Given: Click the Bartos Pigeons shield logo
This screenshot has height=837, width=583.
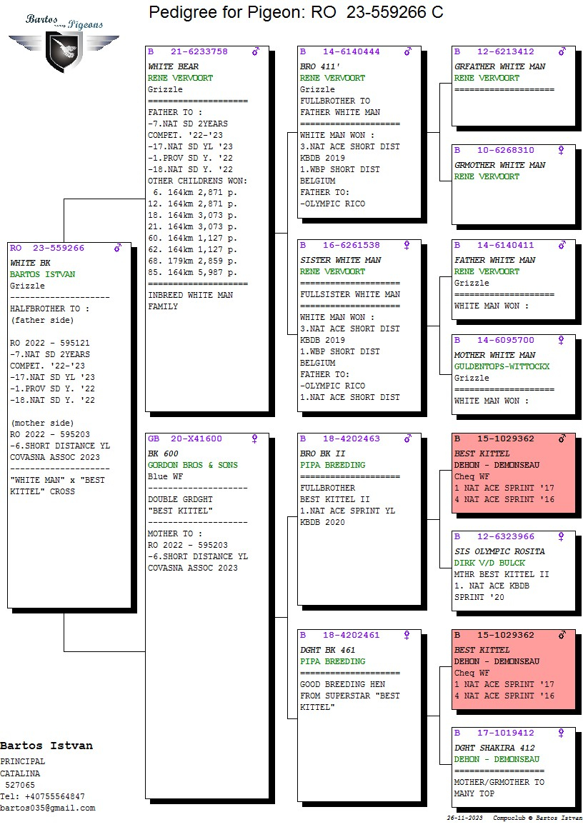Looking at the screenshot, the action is coord(64,51).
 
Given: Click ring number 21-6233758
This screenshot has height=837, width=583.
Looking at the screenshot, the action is coord(199,52).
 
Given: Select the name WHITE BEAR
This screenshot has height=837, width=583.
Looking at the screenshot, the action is coord(173,66).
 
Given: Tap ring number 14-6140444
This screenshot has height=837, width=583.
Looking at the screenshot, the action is coord(352,52).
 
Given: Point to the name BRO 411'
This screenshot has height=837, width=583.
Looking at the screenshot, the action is coord(320,66).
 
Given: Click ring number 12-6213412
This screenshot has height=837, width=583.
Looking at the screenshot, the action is coord(506,52).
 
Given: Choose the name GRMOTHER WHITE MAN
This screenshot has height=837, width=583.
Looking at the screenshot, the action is coord(499,166).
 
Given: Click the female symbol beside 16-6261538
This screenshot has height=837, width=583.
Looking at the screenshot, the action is coord(407,246).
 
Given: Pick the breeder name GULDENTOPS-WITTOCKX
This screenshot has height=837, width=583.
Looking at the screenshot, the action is coord(502,366).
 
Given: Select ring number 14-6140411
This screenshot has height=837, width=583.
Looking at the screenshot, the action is coord(506,246).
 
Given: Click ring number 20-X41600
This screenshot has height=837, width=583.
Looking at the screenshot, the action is coord(196,438).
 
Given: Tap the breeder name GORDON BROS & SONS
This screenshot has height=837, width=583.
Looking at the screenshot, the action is coord(193,466).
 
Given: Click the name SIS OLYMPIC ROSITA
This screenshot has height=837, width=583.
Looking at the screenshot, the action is coord(499,551).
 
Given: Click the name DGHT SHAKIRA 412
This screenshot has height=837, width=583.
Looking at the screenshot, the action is coord(494,748).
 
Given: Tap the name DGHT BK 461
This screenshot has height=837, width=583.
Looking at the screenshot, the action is coord(327,650).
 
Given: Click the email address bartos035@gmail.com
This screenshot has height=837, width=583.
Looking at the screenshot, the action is coord(48,808).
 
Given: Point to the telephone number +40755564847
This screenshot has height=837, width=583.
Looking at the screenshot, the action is coord(54,796).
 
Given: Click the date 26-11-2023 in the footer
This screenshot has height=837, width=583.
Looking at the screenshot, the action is coord(464,818).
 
